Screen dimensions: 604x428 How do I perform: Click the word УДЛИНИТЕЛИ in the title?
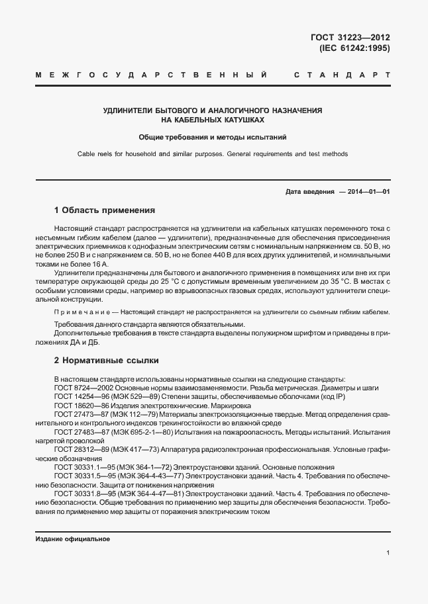tap(129, 109)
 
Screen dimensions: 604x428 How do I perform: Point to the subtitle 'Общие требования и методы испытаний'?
tap(213, 138)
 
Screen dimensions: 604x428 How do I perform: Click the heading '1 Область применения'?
tap(105, 210)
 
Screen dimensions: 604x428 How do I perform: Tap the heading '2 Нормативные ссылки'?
tap(106, 361)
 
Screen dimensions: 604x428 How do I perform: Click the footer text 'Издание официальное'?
tap(72, 539)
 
